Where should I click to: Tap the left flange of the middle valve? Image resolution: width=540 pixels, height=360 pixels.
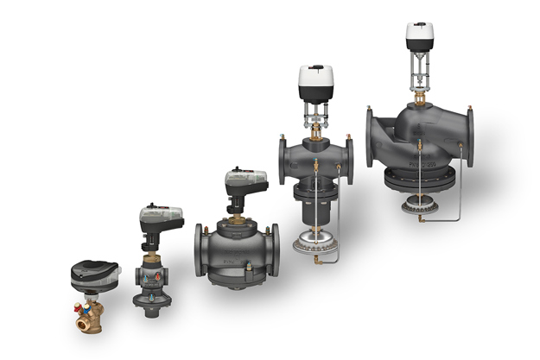(200, 252)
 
